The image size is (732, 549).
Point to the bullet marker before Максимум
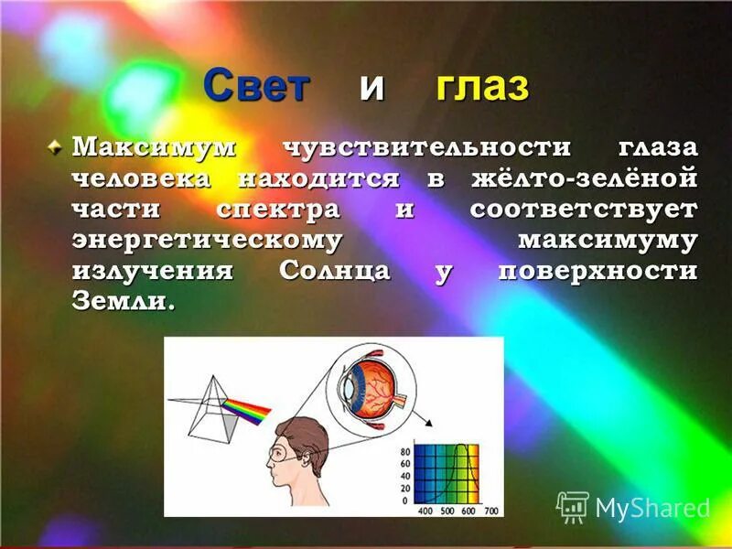point(57,146)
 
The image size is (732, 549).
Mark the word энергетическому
point(207,240)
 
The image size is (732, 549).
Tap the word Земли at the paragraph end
point(119,302)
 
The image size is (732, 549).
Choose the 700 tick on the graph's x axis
point(491,509)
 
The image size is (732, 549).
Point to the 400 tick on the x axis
point(425,509)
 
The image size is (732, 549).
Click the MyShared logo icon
point(572,506)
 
